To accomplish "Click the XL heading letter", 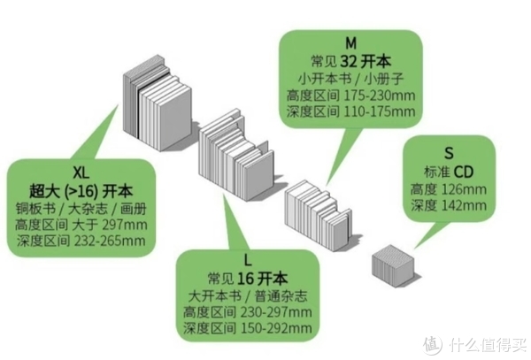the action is click(81, 173).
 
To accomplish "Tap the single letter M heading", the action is click(350, 43).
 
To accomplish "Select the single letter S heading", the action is click(449, 153).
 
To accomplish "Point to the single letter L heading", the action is click(248, 261).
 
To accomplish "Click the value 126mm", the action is click(465, 189).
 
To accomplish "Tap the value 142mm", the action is click(465, 205).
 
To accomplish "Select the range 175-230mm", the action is click(380, 96).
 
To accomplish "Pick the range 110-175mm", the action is click(380, 111).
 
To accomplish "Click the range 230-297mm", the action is click(276, 312).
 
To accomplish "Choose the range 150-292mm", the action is click(276, 328).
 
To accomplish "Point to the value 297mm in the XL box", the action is click(124, 225).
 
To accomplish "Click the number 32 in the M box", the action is click(348, 62).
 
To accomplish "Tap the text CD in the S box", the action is click(464, 172).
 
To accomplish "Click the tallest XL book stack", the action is click(157, 103).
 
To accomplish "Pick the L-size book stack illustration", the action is click(236, 155).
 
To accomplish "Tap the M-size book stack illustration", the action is click(319, 215).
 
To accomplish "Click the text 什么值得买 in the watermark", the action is click(489, 345).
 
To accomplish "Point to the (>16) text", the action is click(81, 192).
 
